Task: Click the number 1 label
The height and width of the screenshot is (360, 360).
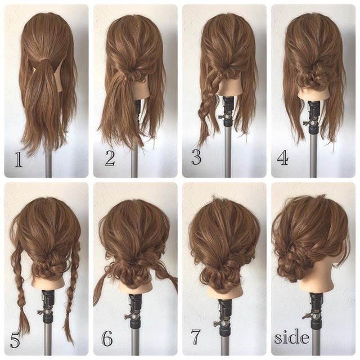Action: (x=19, y=159)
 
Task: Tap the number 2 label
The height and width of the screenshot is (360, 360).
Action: (x=110, y=159)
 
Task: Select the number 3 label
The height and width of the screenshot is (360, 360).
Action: (x=196, y=157)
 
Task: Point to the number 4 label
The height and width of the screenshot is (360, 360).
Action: (x=282, y=158)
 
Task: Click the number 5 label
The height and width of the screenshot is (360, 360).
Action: (x=15, y=339)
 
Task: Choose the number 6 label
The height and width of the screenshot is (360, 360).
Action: (x=107, y=339)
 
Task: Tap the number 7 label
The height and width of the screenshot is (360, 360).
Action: (x=196, y=337)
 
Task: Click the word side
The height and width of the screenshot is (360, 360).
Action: (x=292, y=336)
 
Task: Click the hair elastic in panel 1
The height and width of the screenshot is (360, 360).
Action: (x=47, y=61)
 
